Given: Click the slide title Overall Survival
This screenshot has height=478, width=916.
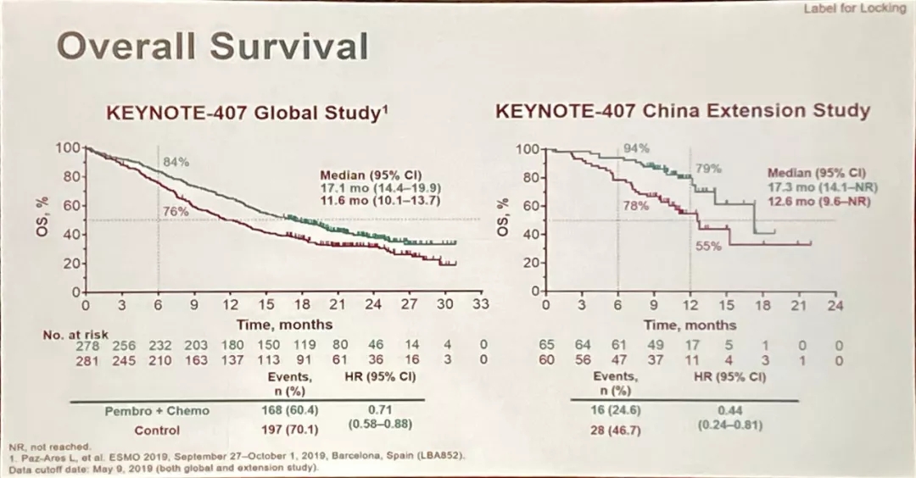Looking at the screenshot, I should point(213,46).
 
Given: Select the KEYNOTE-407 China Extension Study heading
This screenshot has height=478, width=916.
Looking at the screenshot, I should point(683,111).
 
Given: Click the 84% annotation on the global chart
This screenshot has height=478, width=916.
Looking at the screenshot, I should point(176,161).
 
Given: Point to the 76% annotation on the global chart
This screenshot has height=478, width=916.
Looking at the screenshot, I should point(176,211).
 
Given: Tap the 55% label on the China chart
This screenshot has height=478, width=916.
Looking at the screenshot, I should point(708,246).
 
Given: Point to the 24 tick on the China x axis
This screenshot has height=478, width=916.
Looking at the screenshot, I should point(835,305).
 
